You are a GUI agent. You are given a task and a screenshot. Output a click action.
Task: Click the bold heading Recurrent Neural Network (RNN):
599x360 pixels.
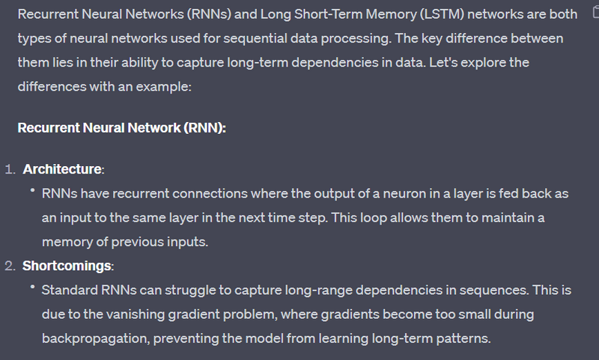click(x=121, y=127)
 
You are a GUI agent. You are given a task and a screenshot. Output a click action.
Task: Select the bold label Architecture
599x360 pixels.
click(x=64, y=169)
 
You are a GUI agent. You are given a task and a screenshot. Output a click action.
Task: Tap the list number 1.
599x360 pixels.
click(x=10, y=169)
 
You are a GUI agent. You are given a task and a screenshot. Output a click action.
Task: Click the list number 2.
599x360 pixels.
click(x=10, y=266)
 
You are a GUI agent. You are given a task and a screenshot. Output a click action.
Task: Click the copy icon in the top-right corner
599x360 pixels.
click(x=593, y=13)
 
